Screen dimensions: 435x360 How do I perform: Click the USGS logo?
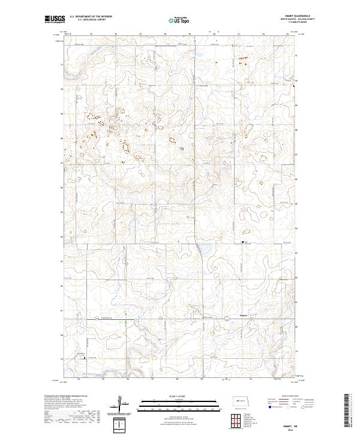[x=54, y=20]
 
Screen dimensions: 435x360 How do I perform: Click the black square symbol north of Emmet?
[x=243, y=242]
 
